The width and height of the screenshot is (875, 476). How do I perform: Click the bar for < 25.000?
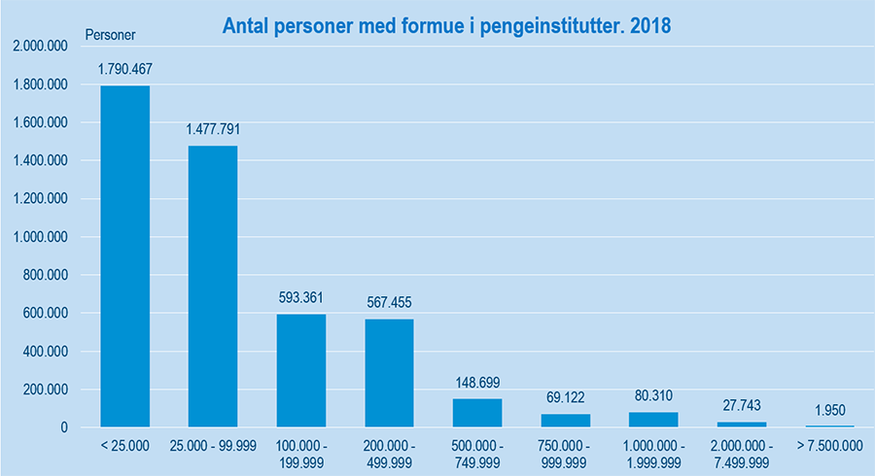point(125,256)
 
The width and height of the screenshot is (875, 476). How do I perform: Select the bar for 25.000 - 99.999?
point(213,287)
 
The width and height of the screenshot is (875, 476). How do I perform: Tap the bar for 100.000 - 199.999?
point(301,370)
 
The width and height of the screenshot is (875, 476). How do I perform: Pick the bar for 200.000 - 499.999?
point(389,373)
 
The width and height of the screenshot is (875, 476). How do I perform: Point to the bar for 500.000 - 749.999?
point(477,413)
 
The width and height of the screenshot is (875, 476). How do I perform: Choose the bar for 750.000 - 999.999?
point(565,421)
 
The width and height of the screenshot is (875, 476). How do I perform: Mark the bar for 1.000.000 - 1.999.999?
point(653,420)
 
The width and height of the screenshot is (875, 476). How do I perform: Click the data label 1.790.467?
point(125,69)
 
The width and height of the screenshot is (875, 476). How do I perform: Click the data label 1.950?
point(828,410)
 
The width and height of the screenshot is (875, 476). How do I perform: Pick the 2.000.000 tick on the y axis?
point(40,47)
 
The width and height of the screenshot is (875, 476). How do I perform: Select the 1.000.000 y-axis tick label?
point(40,237)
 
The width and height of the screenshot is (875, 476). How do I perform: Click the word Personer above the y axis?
point(110,34)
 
